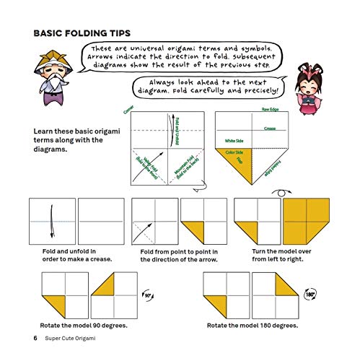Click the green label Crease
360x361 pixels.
click(x=270, y=128)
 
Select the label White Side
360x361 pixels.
click(x=234, y=139)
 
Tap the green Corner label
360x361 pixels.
click(x=129, y=110)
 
